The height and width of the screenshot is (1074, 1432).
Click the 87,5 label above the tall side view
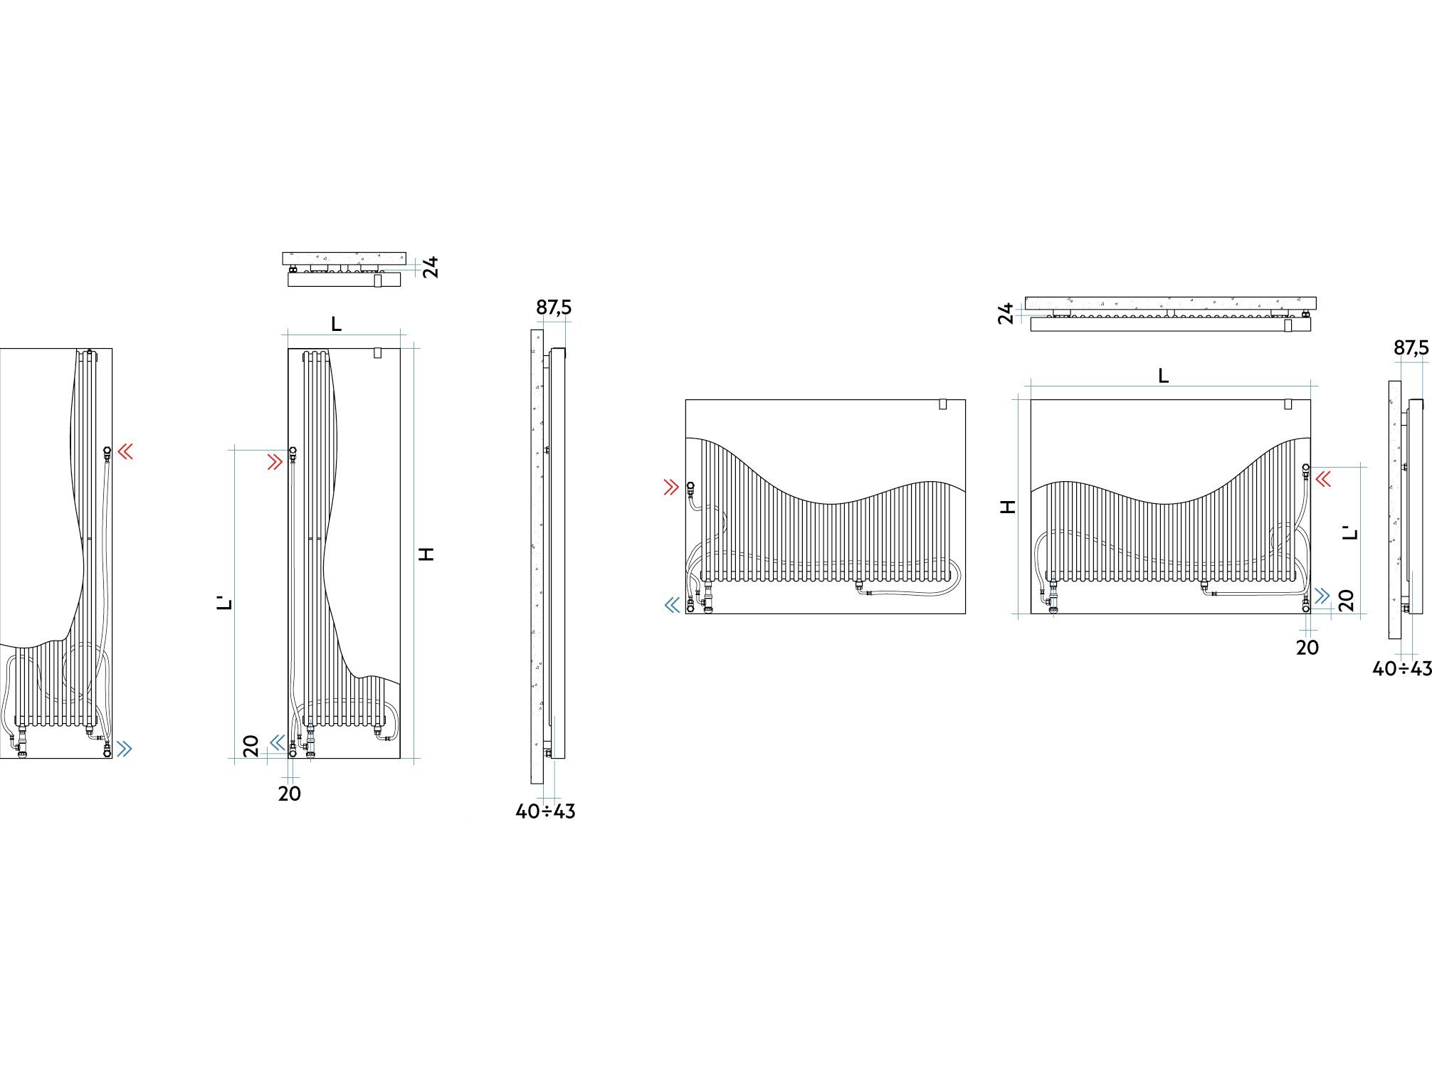[x=554, y=307]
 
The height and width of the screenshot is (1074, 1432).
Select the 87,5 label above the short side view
[x=1411, y=348]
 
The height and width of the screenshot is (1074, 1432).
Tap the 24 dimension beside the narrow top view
[x=431, y=267]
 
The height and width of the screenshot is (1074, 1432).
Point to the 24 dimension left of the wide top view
[x=1006, y=313]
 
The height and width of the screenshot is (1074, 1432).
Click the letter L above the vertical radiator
[x=337, y=325]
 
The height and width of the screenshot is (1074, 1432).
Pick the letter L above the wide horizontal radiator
[x=1164, y=376]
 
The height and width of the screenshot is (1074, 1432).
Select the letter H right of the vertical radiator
[x=426, y=554]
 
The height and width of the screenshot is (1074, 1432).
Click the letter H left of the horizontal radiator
[x=1009, y=507]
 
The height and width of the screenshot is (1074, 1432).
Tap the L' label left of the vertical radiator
[x=225, y=603]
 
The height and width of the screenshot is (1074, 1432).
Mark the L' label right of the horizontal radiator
[x=1350, y=532]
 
